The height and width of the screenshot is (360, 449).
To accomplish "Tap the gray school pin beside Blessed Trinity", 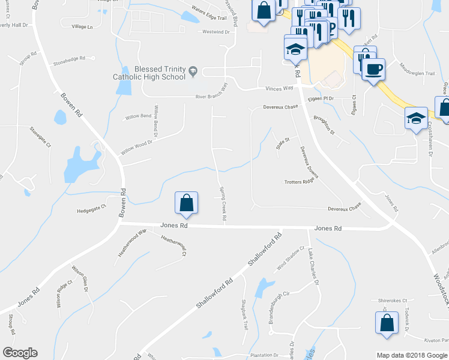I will (x=193, y=72).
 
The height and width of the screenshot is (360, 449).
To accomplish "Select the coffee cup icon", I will (x=373, y=69).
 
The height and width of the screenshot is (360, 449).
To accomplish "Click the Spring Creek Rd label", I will (x=221, y=208).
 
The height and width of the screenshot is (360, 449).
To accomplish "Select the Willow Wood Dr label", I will (x=138, y=144).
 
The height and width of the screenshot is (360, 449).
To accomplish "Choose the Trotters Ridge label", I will (x=300, y=182).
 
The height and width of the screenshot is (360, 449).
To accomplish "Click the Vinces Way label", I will (x=279, y=88).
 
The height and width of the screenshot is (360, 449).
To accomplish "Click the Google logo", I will (x=20, y=353).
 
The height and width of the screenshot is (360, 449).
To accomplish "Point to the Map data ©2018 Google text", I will (x=411, y=355).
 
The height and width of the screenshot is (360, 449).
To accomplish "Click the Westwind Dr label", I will (x=217, y=32).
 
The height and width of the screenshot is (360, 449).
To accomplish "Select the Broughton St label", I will (x=324, y=125).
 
